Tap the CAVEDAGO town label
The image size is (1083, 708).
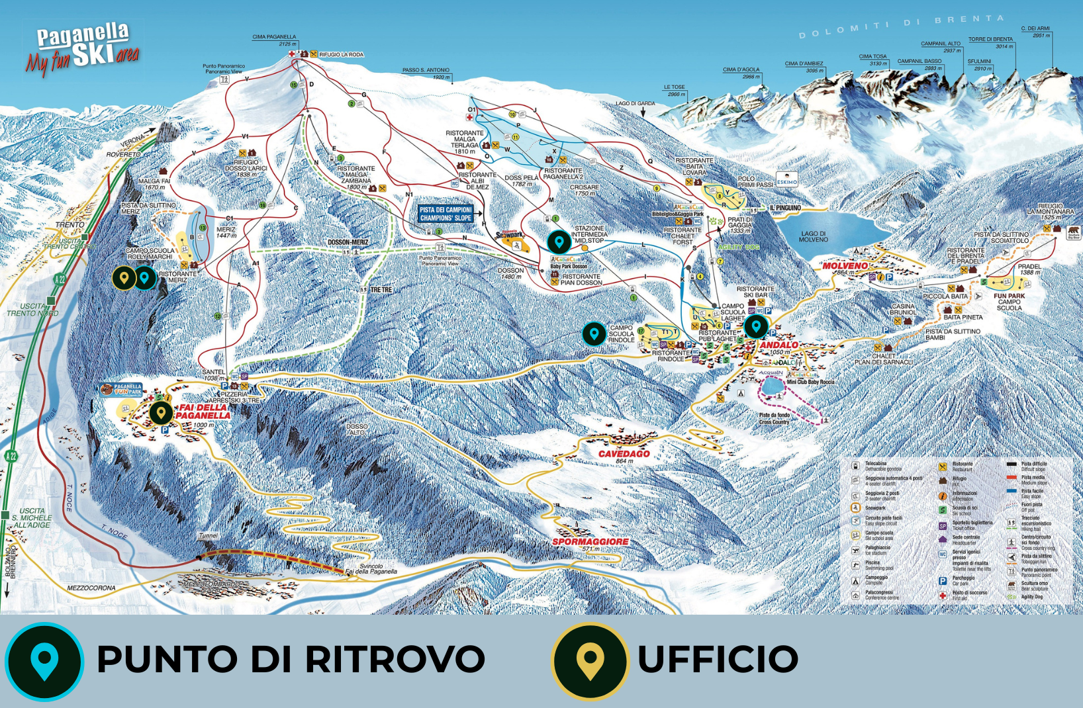click(624, 454)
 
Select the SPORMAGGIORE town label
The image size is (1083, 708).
click(590, 541)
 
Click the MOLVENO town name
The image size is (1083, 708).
click(845, 265)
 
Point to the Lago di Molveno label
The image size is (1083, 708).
click(814, 236)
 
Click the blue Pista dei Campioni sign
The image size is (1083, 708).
click(446, 214)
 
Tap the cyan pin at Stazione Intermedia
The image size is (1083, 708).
click(559, 242)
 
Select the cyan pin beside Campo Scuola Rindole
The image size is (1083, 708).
click(594, 334)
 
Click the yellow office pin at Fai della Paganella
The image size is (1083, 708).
click(161, 413)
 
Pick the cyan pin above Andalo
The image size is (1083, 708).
click(755, 326)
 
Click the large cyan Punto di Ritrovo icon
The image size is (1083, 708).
click(44, 660)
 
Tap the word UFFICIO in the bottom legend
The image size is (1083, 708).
click(718, 660)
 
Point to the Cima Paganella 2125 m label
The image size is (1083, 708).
click(274, 40)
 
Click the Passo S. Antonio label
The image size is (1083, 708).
click(426, 73)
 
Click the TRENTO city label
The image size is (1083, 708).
click(70, 225)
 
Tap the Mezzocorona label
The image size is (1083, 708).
click(91, 588)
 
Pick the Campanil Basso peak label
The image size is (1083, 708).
click(919, 64)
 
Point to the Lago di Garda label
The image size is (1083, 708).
click(635, 103)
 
